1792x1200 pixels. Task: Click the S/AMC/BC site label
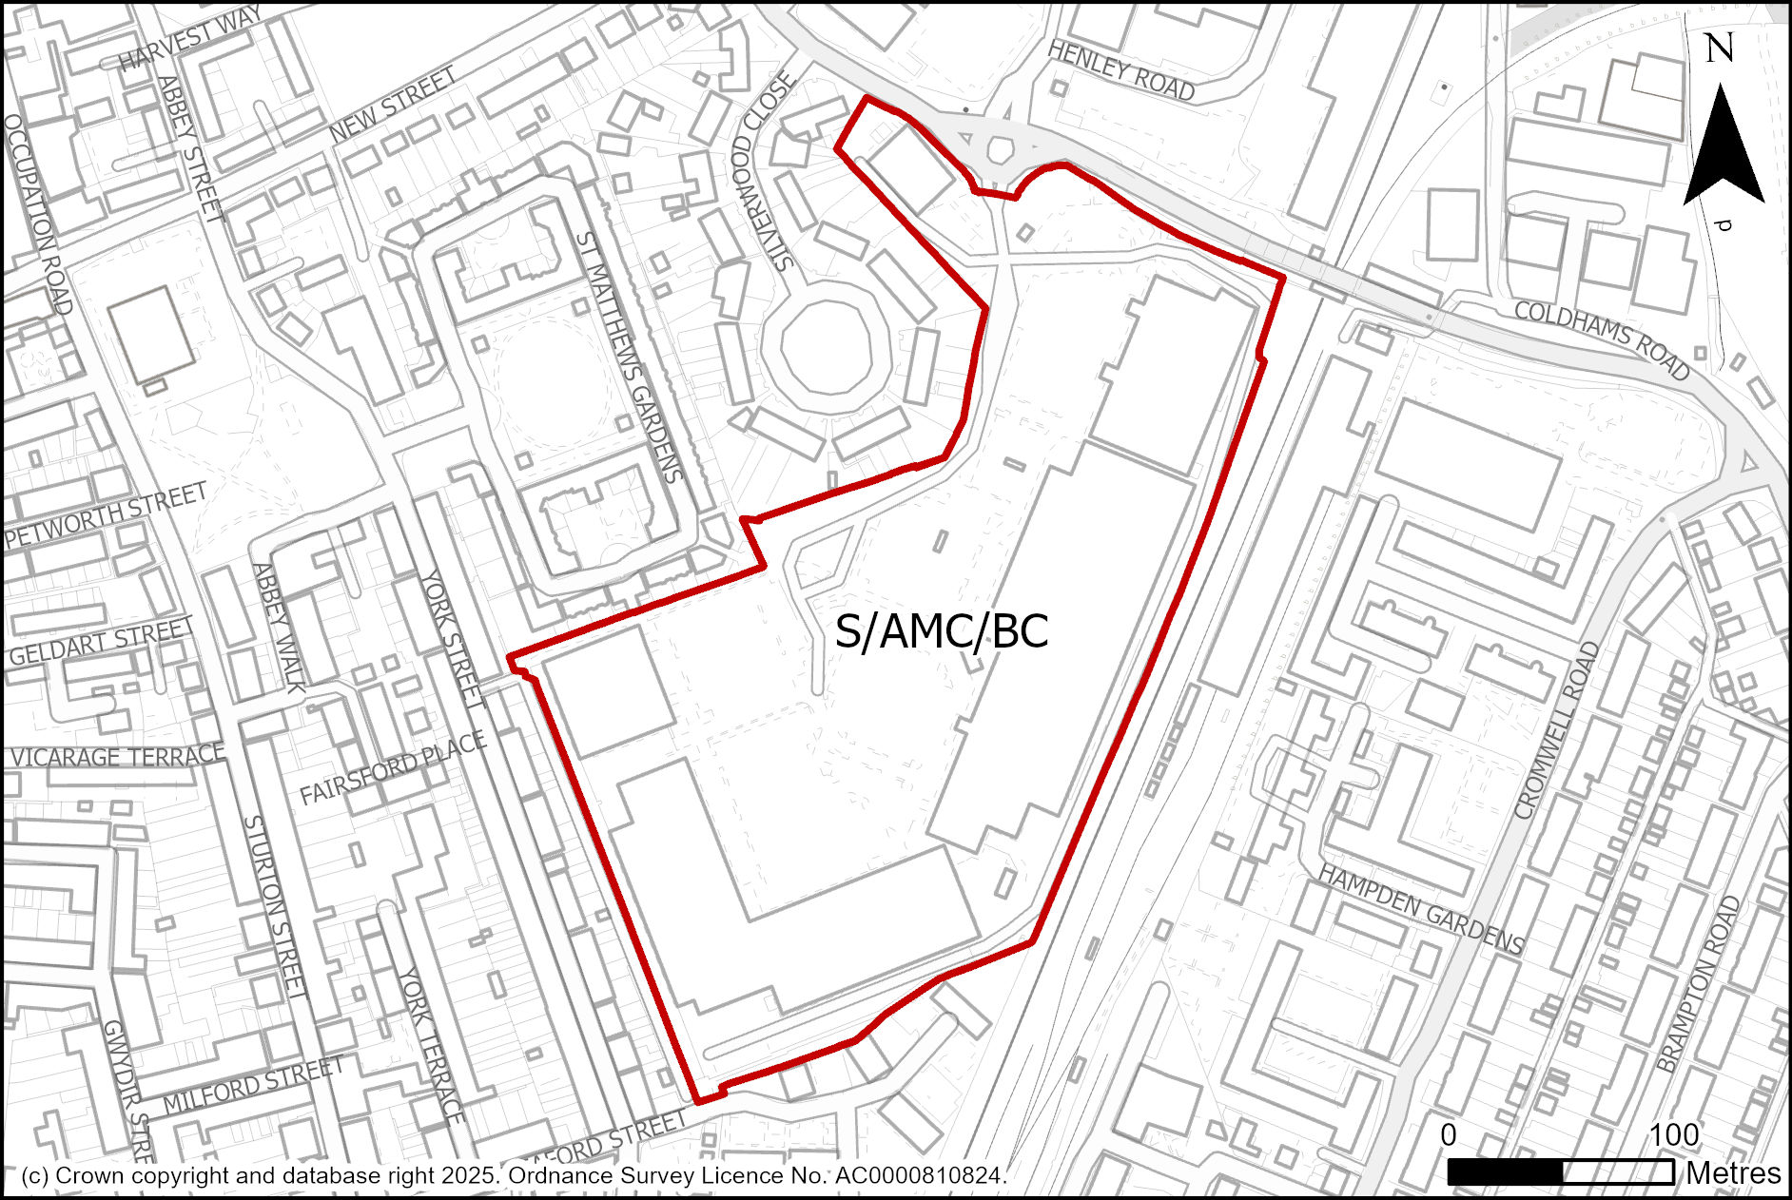coord(941,631)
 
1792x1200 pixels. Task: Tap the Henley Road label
coord(1120,70)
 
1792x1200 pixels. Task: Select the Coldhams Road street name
coord(1601,339)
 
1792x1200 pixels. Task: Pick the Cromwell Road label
coord(1556,730)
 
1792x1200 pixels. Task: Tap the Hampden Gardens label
coord(1421,909)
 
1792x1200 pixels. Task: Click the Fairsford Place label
coord(393,768)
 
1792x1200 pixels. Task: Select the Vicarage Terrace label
coord(117,757)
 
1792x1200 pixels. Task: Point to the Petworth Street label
coord(106,515)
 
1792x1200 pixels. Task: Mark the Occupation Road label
coord(39,214)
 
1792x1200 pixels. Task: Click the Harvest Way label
coord(190,38)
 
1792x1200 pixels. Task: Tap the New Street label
coord(392,106)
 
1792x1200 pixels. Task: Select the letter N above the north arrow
coord(1719,48)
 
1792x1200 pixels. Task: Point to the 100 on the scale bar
coord(1674,1134)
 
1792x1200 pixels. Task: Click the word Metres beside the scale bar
coord(1733,1173)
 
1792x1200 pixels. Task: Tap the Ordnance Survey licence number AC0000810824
coord(919,1176)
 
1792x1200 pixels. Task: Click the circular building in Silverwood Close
coord(828,346)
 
